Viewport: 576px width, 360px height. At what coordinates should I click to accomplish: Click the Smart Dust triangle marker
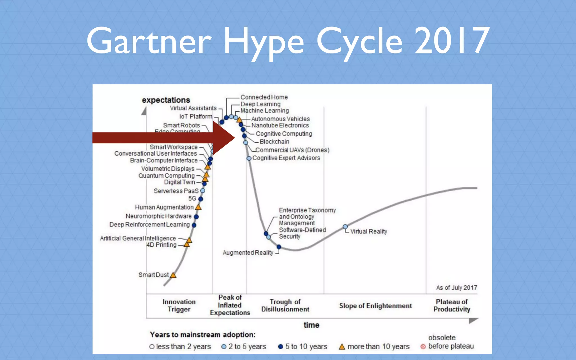click(x=173, y=275)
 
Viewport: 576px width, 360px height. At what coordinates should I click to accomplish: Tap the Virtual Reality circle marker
click(x=345, y=227)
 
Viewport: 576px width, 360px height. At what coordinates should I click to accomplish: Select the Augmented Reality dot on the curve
click(x=279, y=247)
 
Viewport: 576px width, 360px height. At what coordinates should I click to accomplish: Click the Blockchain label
click(x=274, y=142)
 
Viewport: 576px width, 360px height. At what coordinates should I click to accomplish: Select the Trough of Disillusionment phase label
click(x=285, y=305)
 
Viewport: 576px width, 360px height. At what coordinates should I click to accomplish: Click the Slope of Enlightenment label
click(x=375, y=306)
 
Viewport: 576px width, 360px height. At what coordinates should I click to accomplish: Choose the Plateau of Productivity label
click(x=451, y=305)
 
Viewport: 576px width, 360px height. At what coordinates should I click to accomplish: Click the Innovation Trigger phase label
click(x=179, y=305)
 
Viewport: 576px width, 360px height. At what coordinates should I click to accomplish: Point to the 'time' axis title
click(x=311, y=325)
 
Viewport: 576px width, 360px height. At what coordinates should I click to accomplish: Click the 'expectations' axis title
click(x=166, y=100)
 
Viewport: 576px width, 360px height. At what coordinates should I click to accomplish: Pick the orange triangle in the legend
click(x=342, y=347)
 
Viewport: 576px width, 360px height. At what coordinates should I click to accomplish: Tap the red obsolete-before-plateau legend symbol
click(x=423, y=346)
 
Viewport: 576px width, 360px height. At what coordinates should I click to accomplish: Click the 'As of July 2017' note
click(x=456, y=288)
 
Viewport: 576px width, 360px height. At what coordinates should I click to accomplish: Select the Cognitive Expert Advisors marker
click(x=249, y=158)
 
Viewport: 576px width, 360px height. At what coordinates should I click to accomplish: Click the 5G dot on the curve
click(x=201, y=199)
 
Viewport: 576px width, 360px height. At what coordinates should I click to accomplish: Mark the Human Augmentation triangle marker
click(x=198, y=208)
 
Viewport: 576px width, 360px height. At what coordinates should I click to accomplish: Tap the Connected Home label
click(x=264, y=97)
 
